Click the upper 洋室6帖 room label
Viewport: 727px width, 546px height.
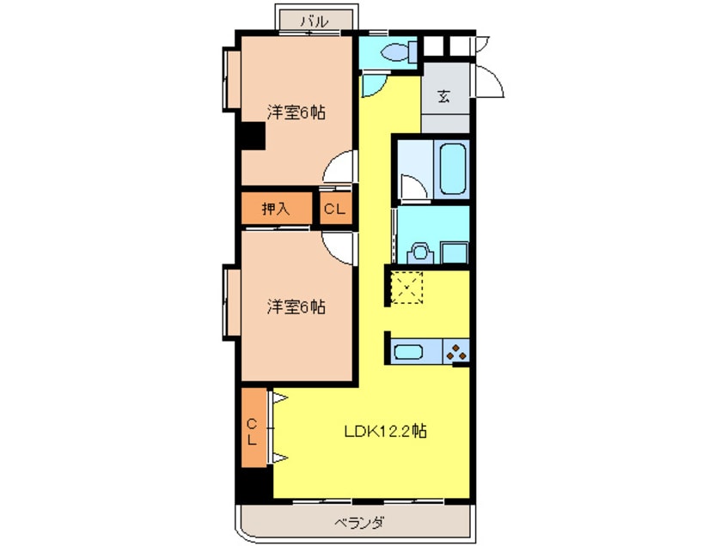295,112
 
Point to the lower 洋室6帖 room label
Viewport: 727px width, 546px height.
295,306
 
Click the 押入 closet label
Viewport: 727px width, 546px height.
275,208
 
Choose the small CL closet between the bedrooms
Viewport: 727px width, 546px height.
336,208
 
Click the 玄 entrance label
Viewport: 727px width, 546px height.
444,95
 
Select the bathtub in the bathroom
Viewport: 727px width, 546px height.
453,169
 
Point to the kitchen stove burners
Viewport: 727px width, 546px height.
456,351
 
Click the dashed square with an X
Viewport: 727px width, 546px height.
408,287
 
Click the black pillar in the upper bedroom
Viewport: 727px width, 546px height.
252,136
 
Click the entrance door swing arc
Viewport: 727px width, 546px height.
492,82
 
